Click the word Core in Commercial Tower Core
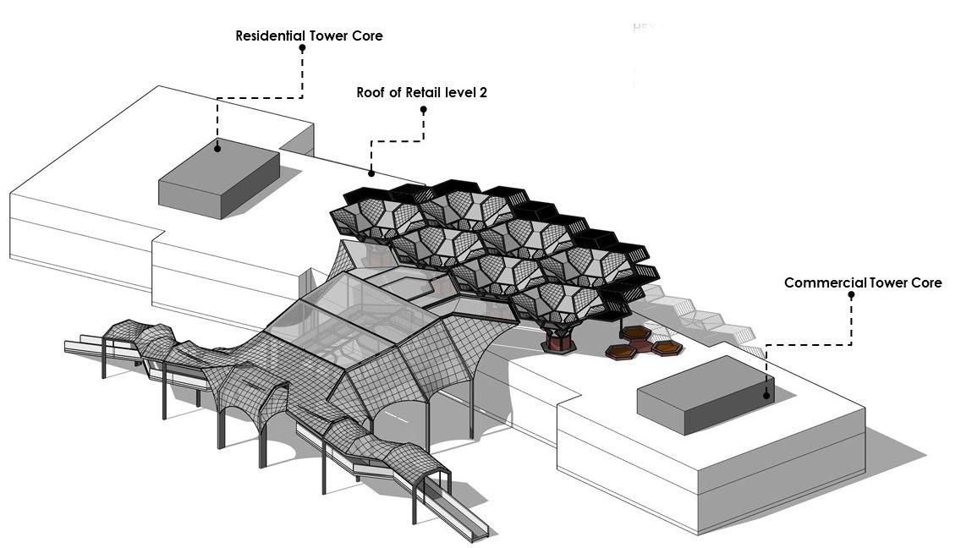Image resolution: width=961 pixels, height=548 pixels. point(924,282)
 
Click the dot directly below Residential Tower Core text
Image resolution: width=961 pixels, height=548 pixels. point(302,49)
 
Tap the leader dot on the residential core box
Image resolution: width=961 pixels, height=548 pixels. point(217,148)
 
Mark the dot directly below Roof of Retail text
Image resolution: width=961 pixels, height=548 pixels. point(424,109)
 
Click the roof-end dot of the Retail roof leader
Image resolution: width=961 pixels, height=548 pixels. point(371,173)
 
